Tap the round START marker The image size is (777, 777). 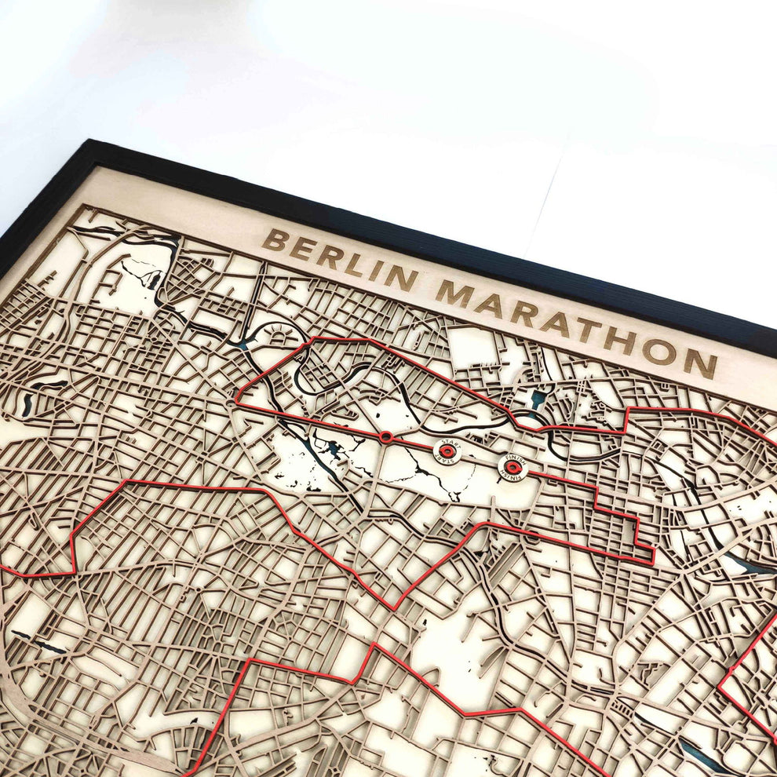447,451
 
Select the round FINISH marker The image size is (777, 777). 513,467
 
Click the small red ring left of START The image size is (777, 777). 385,436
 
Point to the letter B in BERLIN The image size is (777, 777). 274,240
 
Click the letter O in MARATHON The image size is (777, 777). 666,351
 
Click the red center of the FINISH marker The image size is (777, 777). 513,468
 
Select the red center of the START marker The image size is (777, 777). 447,451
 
